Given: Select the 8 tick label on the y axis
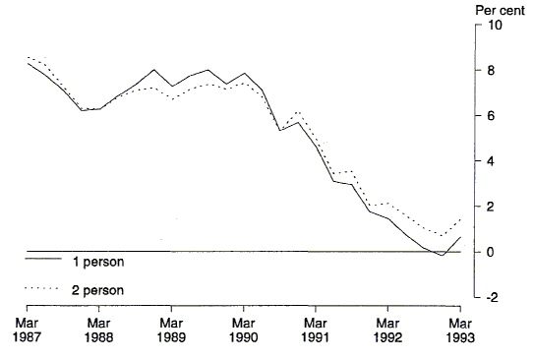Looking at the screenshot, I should (x=488, y=71).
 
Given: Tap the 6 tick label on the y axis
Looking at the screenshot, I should (x=488, y=116).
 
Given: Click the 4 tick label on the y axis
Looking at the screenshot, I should (x=488, y=161).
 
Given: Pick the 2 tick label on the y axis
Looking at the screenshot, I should (x=488, y=207).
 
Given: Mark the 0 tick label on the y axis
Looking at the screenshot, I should (x=488, y=252).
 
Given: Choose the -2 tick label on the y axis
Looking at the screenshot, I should (x=489, y=297).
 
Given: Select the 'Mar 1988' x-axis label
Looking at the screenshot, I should (x=98, y=329).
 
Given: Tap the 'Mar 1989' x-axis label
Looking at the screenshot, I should (x=171, y=329).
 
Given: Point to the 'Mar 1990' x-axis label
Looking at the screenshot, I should (x=243, y=329).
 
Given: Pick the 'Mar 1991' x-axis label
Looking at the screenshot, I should (x=315, y=329).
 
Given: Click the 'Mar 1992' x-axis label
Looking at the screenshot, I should (x=387, y=329).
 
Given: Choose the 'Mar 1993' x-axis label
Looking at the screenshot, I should (x=459, y=329).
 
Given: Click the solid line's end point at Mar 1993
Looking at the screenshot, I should (x=460, y=237).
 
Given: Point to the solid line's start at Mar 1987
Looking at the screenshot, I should (x=28, y=63).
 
